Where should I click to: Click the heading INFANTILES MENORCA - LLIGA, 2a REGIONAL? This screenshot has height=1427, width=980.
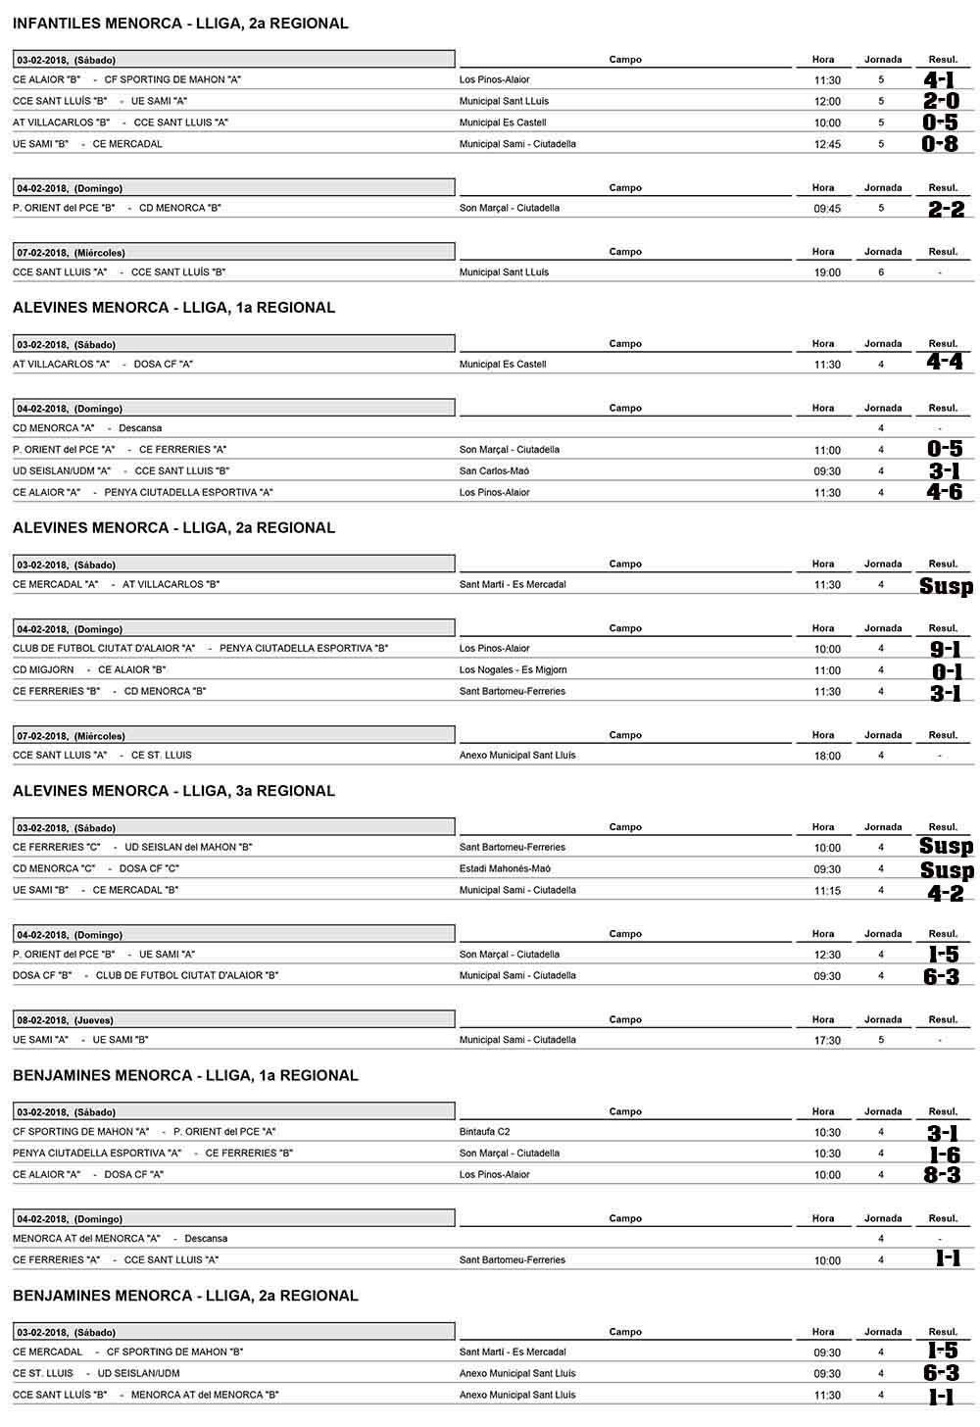pyautogui.click(x=180, y=24)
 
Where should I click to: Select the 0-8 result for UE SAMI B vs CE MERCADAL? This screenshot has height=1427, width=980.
pyautogui.click(x=940, y=144)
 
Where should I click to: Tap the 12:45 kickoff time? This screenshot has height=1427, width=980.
pyautogui.click(x=827, y=145)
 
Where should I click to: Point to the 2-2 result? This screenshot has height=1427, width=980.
pyautogui.click(x=946, y=209)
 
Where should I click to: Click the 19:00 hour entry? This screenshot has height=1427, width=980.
pyautogui.click(x=827, y=272)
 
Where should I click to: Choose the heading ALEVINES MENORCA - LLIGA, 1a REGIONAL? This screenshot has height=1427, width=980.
pyautogui.click(x=173, y=308)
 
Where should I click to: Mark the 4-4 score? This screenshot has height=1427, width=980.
pyautogui.click(x=945, y=362)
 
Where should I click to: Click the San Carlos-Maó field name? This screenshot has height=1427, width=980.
pyautogui.click(x=494, y=471)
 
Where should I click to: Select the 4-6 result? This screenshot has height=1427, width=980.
pyautogui.click(x=945, y=492)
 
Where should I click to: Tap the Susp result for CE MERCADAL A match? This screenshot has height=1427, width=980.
pyautogui.click(x=946, y=586)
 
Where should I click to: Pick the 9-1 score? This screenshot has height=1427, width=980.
pyautogui.click(x=946, y=649)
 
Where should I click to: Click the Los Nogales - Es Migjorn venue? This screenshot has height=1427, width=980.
pyautogui.click(x=513, y=670)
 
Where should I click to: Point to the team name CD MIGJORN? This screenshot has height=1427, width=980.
pyautogui.click(x=43, y=670)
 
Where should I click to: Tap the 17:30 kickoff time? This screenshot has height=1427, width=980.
pyautogui.click(x=827, y=1041)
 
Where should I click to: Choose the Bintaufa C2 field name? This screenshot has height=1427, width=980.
pyautogui.click(x=484, y=1132)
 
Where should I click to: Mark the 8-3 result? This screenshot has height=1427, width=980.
pyautogui.click(x=942, y=1174)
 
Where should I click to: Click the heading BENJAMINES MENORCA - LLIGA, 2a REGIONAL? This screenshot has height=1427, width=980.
pyautogui.click(x=185, y=1296)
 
